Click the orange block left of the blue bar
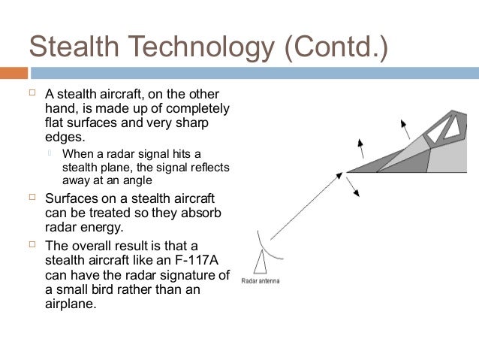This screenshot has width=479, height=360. click(14, 74)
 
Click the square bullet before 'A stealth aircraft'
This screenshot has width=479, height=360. click(32, 95)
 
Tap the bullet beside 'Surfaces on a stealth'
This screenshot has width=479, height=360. click(32, 198)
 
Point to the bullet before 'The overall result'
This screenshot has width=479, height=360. click(32, 245)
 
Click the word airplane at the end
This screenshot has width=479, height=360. click(71, 305)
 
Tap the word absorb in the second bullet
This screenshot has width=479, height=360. click(203, 214)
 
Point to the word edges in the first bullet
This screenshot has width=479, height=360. click(62, 138)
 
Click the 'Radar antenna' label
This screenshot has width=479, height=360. click(260, 281)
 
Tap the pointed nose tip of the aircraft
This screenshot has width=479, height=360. click(347, 172)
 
